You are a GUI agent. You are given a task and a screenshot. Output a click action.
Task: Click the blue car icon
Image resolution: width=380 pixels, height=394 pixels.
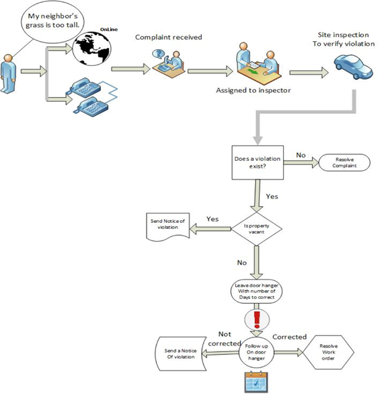(x=352, y=67)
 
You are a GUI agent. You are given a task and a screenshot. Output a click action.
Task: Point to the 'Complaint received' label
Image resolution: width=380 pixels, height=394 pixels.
(x=167, y=38)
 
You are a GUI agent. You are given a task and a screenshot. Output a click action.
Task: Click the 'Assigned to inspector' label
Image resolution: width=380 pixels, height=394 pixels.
(x=253, y=90)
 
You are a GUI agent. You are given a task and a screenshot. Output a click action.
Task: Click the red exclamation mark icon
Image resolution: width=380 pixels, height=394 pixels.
(x=256, y=319)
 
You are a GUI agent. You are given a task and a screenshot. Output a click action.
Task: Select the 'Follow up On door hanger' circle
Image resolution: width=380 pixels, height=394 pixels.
(x=257, y=351)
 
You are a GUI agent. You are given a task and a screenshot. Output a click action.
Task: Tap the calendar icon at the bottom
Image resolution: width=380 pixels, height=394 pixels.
(x=256, y=381)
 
